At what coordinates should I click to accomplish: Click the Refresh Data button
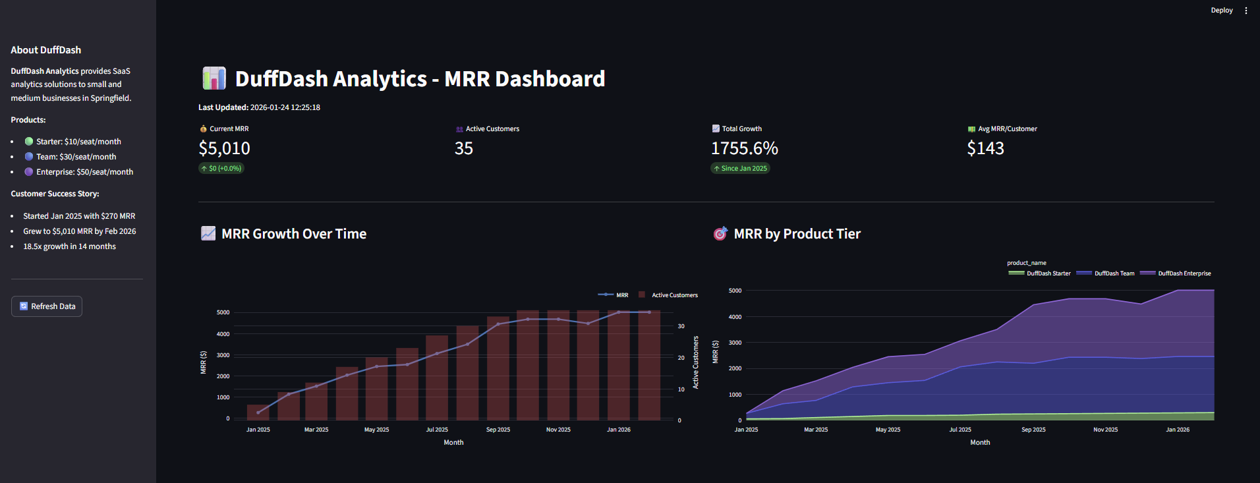tap(47, 306)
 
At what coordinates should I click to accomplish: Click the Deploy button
tap(1221, 11)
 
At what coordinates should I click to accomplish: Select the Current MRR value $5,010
tap(224, 148)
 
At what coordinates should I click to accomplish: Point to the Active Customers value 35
tap(463, 148)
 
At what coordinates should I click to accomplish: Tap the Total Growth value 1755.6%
tap(744, 148)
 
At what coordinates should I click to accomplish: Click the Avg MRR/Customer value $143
tap(985, 148)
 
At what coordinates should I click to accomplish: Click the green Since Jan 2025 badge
tap(740, 169)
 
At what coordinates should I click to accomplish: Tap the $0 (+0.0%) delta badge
tap(221, 169)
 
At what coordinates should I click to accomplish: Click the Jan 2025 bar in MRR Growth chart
tap(258, 412)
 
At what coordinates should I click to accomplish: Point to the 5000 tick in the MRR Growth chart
tap(223, 312)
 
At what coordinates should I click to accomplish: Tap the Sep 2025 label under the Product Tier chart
tap(1033, 430)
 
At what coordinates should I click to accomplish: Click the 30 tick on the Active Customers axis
tap(681, 326)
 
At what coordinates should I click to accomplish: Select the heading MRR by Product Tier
tap(797, 234)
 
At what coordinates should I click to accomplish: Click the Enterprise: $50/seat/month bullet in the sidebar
tap(84, 172)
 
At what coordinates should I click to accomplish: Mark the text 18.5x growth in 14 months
tap(69, 246)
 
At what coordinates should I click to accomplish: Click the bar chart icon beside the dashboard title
tap(214, 78)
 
